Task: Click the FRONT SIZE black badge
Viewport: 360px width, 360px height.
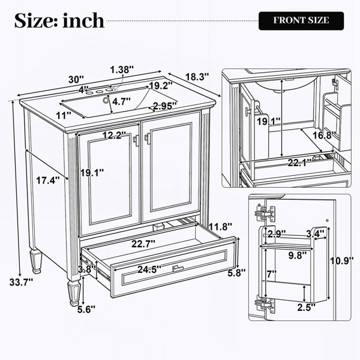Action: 301,20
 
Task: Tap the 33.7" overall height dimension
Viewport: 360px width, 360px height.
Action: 21,282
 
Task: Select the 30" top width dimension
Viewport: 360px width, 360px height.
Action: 76,79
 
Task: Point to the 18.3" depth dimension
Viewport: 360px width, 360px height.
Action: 197,77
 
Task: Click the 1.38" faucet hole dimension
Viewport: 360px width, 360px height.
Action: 122,70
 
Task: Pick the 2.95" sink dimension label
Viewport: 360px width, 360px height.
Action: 164,106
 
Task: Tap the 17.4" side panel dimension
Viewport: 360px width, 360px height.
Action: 48,181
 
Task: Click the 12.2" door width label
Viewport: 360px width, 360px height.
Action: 114,135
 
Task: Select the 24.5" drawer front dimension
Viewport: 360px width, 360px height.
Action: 149,269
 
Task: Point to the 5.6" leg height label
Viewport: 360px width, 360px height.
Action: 86,310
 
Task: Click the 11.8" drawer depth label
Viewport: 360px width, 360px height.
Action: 220,227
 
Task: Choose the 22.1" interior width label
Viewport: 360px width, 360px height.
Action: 300,163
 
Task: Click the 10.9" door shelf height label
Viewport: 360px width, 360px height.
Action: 342,261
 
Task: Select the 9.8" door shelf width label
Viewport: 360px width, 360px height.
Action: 298,256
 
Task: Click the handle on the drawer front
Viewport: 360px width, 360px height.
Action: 178,268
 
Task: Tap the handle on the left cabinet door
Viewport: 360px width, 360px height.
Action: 136,140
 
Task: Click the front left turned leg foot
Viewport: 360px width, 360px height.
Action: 73,293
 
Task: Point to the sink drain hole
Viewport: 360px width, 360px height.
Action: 106,100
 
